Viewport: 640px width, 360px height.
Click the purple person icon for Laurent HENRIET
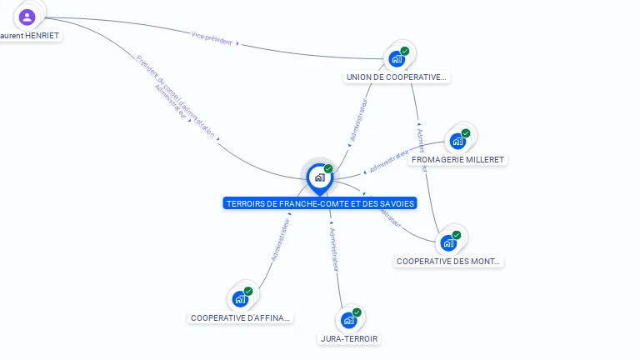tap(27, 17)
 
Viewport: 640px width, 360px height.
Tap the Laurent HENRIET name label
tap(30, 36)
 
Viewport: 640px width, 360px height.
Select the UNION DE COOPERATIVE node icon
tap(397, 58)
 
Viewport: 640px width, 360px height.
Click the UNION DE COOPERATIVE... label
tap(397, 77)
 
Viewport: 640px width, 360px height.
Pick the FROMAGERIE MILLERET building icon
tap(457, 141)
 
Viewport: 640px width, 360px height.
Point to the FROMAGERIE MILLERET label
tap(458, 159)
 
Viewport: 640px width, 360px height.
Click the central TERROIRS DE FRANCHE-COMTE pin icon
tap(319, 177)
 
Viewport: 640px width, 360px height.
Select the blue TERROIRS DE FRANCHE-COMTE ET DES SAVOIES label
tap(320, 203)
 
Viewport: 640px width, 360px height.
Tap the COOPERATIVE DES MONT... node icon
tap(448, 242)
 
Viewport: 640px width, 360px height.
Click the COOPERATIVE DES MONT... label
tap(449, 261)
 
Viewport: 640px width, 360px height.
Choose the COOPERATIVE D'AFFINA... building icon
tap(240, 298)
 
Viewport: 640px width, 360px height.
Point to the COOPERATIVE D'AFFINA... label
tap(241, 317)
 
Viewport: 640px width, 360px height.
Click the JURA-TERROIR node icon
tap(349, 320)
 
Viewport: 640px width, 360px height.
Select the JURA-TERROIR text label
tap(350, 339)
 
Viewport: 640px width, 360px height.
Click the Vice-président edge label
tap(212, 37)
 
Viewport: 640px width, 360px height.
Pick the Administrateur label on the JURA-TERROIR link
tap(335, 249)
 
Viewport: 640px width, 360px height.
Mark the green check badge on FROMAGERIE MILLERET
tap(466, 133)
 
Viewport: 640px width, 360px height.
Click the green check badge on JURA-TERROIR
tap(357, 312)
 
